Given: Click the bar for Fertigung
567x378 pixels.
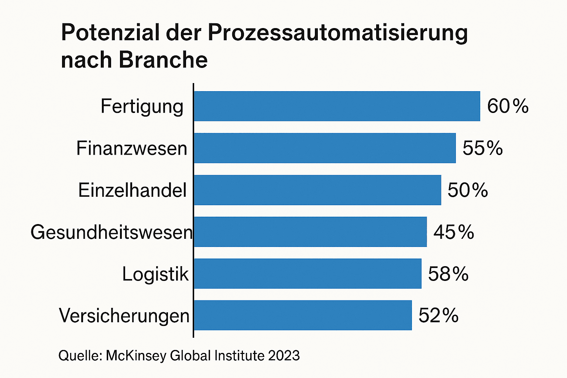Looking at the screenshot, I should pyautogui.click(x=337, y=106).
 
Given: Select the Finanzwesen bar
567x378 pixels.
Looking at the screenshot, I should pyautogui.click(x=325, y=148).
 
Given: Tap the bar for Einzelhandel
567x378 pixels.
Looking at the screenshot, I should pyautogui.click(x=317, y=190).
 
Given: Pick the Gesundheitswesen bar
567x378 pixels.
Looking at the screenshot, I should pyautogui.click(x=310, y=232).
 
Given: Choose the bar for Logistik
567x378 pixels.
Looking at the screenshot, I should pyautogui.click(x=307, y=274).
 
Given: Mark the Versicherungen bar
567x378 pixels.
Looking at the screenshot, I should pyautogui.click(x=303, y=315).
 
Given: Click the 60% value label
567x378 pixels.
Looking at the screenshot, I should pyautogui.click(x=508, y=106).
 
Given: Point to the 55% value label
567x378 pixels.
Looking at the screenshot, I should pyautogui.click(x=483, y=148).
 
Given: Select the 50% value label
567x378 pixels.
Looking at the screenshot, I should pyautogui.click(x=468, y=190).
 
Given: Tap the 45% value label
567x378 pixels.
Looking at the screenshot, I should pyautogui.click(x=454, y=232).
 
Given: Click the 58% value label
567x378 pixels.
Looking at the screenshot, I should pyautogui.click(x=448, y=274).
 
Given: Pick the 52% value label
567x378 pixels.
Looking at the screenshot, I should pyautogui.click(x=439, y=316).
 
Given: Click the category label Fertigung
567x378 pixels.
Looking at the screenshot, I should pyautogui.click(x=142, y=107).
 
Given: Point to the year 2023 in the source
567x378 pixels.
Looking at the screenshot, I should pyautogui.click(x=284, y=356).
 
